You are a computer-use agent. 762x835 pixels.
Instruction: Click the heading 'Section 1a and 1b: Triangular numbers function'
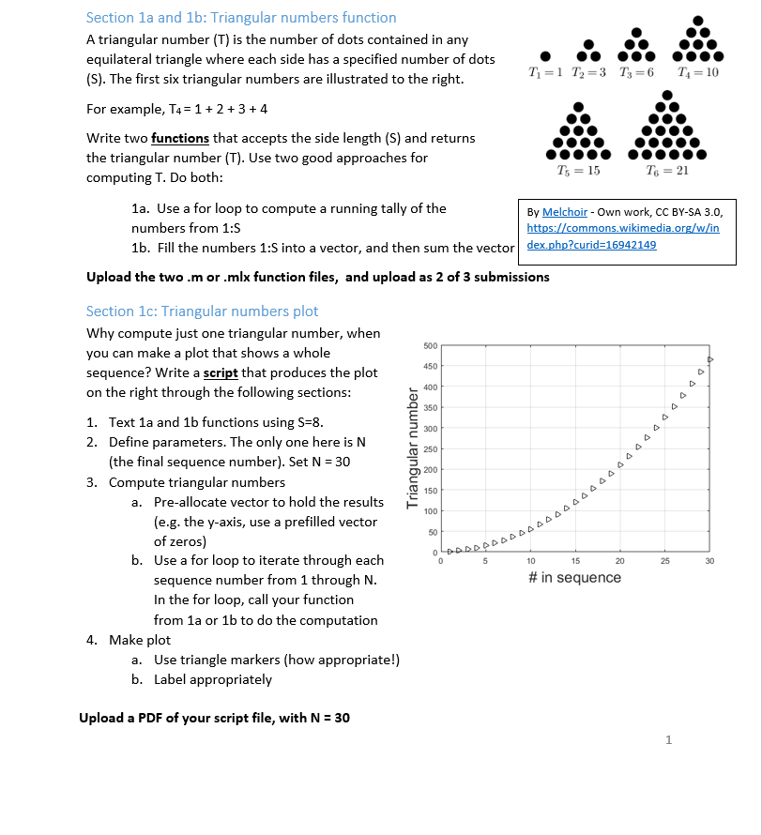point(240,18)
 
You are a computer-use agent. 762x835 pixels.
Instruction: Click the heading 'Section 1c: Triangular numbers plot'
point(202,311)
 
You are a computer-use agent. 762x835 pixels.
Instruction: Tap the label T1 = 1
point(545,73)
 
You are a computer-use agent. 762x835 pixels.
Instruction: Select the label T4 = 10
point(696,73)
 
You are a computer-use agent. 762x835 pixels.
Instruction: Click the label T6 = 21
point(668,170)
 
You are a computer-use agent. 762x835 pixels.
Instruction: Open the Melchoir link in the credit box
point(565,213)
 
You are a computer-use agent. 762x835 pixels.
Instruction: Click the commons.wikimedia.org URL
point(623,229)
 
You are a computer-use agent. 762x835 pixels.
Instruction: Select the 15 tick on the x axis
point(575,561)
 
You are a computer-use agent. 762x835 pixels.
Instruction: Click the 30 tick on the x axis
point(709,561)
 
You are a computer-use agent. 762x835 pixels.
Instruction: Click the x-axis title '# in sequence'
point(574,578)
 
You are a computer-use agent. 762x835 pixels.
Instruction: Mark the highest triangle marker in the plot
point(710,359)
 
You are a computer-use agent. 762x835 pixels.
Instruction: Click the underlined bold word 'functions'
point(180,138)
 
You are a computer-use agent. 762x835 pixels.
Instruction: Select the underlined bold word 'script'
point(221,372)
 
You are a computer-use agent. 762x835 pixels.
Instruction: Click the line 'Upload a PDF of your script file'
point(214,718)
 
